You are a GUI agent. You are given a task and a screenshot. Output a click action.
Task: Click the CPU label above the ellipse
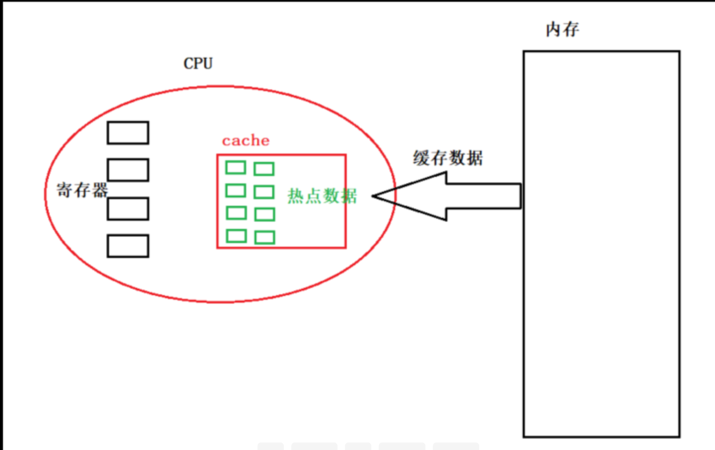pos(198,64)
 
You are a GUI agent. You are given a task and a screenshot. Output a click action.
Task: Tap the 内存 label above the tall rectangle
pos(562,30)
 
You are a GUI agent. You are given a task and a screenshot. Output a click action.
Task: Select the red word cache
pos(245,141)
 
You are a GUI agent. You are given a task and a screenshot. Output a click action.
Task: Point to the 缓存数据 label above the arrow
pos(448,158)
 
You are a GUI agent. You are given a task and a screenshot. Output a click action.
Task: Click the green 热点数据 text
pos(322,196)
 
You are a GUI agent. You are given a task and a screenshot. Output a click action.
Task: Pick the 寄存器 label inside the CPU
pos(82,190)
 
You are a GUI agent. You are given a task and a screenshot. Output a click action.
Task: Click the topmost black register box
pos(128,133)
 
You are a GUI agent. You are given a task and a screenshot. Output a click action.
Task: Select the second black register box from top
pos(128,170)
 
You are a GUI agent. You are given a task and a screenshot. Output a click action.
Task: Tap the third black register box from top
pos(128,209)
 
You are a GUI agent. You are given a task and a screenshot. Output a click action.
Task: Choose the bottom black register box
pos(128,246)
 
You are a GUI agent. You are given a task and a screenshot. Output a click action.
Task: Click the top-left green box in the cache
pos(236,167)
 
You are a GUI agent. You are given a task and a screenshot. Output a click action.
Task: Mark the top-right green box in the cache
pos(264,169)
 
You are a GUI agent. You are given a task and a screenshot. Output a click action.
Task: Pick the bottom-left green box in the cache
pos(236,235)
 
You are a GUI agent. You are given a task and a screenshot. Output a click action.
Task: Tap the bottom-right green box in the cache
pos(264,237)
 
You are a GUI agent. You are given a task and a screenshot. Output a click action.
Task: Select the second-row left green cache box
pos(236,190)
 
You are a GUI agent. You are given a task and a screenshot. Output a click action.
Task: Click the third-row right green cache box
pos(264,215)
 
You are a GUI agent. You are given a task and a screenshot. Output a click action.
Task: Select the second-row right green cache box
pos(264,192)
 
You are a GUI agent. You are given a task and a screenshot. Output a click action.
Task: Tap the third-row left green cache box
pos(236,213)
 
